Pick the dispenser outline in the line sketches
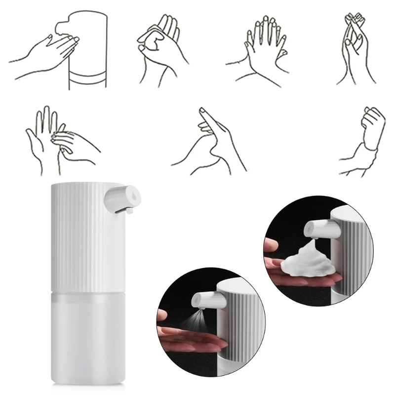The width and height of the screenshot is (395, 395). tap(88, 49)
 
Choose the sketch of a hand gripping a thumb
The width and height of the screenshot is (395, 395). tap(212, 138)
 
